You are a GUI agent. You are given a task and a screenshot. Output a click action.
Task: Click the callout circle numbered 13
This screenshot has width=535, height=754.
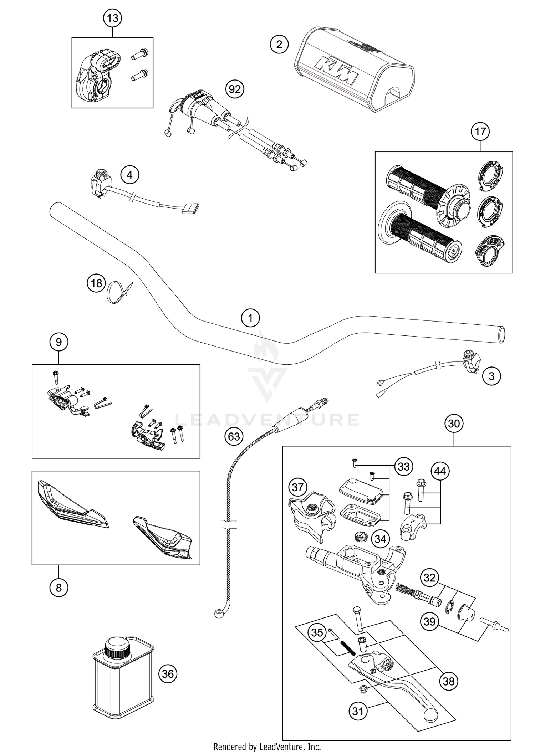[x=112, y=18]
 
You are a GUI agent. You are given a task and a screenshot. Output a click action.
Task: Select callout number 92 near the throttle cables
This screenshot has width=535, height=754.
[x=235, y=89]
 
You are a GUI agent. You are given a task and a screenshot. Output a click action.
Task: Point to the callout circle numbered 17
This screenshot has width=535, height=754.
[x=480, y=132]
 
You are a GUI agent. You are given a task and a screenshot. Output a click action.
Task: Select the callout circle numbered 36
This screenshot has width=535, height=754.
[x=168, y=674]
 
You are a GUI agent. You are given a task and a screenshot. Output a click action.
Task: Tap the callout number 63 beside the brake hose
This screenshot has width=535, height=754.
[x=234, y=436]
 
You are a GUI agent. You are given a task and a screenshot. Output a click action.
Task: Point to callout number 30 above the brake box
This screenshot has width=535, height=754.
[x=454, y=424]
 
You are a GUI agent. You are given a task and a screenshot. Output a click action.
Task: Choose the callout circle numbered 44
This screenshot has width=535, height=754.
[x=440, y=472]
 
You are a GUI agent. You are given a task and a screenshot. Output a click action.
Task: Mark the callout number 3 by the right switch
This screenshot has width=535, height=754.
[x=491, y=376]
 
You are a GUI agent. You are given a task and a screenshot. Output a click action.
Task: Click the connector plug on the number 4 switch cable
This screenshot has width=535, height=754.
[x=190, y=209]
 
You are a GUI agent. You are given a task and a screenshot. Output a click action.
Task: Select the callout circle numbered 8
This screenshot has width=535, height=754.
[x=59, y=588]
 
